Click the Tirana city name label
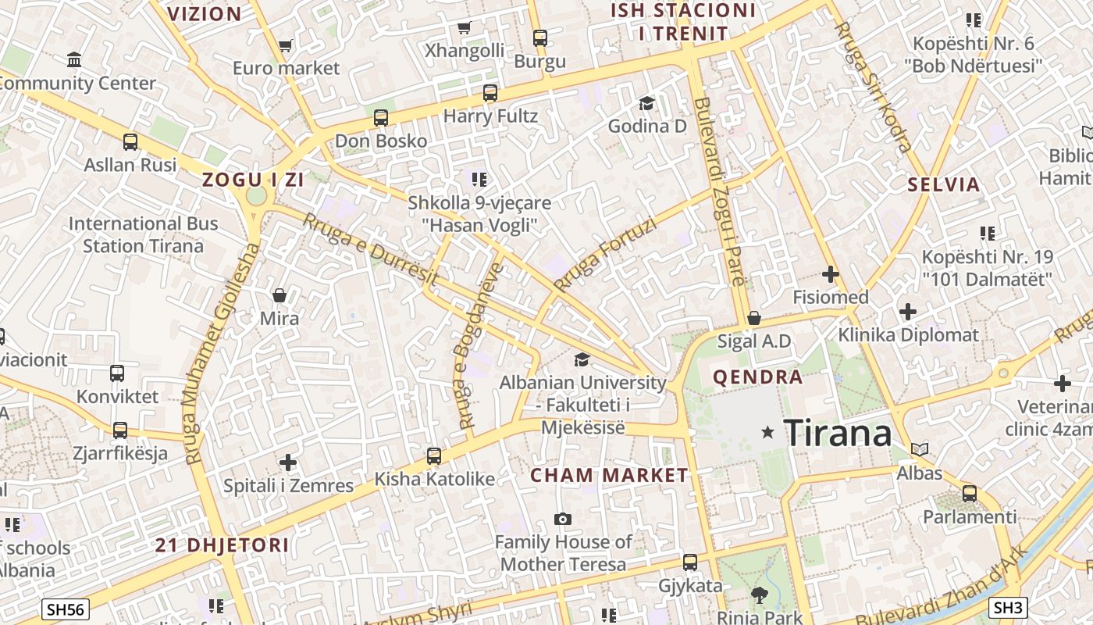pyautogui.click(x=837, y=432)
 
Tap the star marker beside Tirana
pyautogui.click(x=768, y=432)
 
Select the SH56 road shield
pyautogui.click(x=66, y=609)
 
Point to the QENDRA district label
pyautogui.click(x=757, y=377)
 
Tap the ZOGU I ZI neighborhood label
pyautogui.click(x=252, y=180)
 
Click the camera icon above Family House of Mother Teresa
pyautogui.click(x=562, y=519)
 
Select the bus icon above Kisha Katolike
pyautogui.click(x=434, y=455)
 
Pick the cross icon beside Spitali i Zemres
pyautogui.click(x=288, y=462)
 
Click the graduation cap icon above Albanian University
pyautogui.click(x=582, y=359)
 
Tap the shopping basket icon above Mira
pyautogui.click(x=279, y=295)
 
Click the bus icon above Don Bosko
pyautogui.click(x=381, y=118)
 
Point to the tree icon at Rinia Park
pyautogui.click(x=758, y=595)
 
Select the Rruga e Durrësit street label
pyautogui.click(x=370, y=249)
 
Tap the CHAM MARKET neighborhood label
pyautogui.click(x=609, y=475)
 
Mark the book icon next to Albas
pyautogui.click(x=920, y=449)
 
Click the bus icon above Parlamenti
pyautogui.click(x=970, y=493)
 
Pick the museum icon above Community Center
pyautogui.click(x=74, y=59)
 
